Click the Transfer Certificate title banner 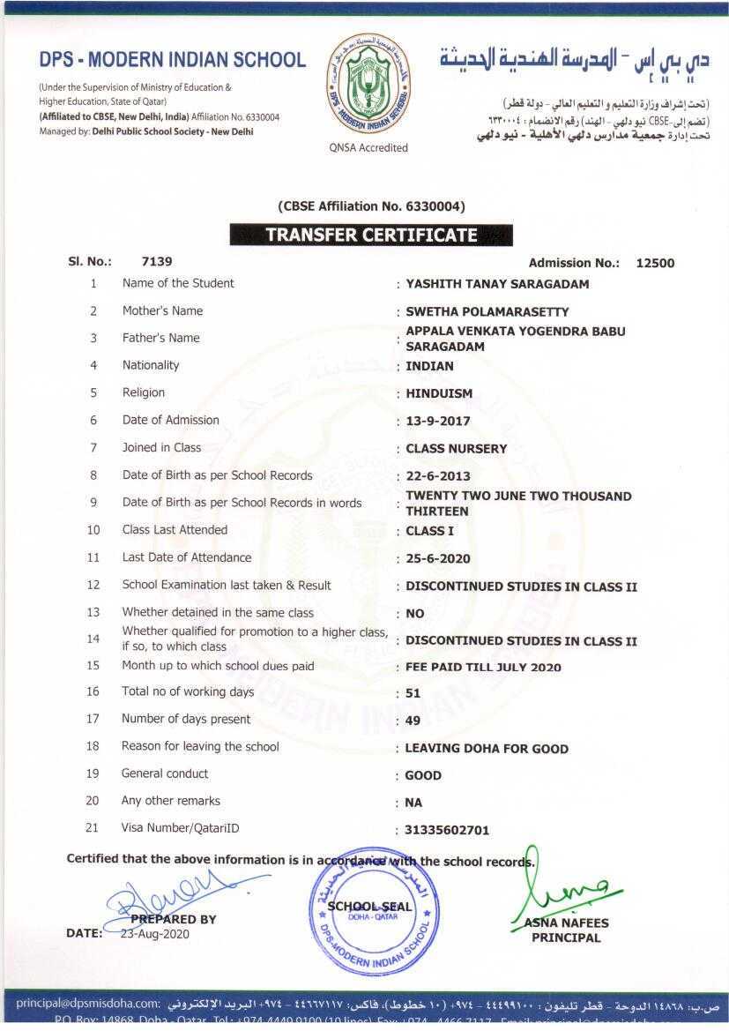pos(371,235)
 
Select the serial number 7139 pos(157,261)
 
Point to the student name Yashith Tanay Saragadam pos(497,284)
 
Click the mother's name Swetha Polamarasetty pos(487,311)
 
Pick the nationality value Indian pos(429,366)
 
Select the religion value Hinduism pos(439,393)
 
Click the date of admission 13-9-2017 pos(438,422)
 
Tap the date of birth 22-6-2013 pos(438,476)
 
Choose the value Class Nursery pos(457,449)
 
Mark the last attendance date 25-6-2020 pos(438,558)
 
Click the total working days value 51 pos(413,693)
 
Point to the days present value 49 pos(413,721)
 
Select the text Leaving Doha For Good pos(487,749)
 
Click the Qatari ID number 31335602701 pos(447,830)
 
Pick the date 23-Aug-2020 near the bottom pos(155,933)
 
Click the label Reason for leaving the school pos(200,747)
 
